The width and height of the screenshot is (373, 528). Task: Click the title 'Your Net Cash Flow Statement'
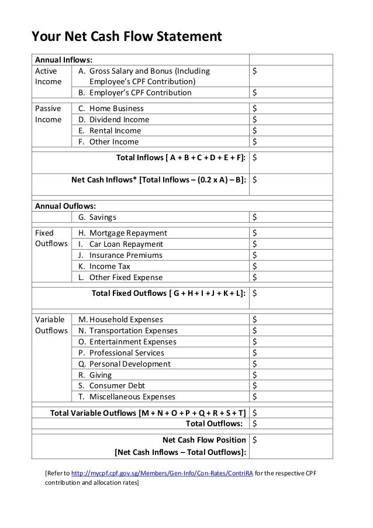pyautogui.click(x=126, y=38)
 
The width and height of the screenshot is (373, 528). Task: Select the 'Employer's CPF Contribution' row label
pyautogui.click(x=140, y=92)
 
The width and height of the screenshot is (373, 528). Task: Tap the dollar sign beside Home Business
pyautogui.click(x=254, y=108)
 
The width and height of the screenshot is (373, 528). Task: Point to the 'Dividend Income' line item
pyautogui.click(x=119, y=119)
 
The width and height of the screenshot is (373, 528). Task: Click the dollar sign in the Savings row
pyautogui.click(x=254, y=217)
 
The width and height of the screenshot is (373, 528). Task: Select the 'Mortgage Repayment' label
pyautogui.click(x=127, y=233)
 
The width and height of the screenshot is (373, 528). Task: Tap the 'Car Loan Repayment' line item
pyautogui.click(x=126, y=244)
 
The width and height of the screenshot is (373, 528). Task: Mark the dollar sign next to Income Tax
pyautogui.click(x=254, y=266)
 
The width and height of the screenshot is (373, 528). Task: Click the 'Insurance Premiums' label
pyautogui.click(x=126, y=255)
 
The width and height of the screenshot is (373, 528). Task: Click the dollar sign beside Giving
pyautogui.click(x=254, y=375)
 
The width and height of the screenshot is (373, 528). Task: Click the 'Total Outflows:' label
pyautogui.click(x=214, y=423)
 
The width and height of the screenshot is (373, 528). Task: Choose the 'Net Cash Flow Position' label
pyautogui.click(x=203, y=440)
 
